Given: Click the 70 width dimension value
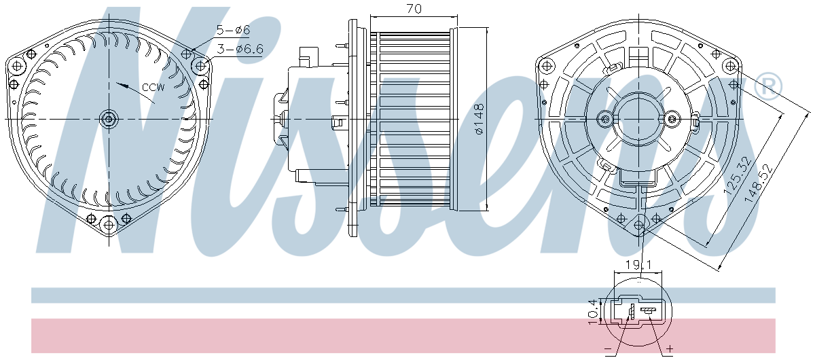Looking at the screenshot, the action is pos(414,8).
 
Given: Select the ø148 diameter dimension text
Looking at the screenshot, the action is pos(479,120).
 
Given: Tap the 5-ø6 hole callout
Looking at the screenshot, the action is pos(233,30).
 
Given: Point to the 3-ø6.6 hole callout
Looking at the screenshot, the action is pos(240,49).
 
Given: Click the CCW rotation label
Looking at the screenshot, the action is pos(153,88).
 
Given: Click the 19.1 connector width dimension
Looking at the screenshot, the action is pos(638,265).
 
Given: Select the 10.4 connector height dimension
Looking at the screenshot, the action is pos(593,312).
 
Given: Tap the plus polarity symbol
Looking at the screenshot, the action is pos(670,348).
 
